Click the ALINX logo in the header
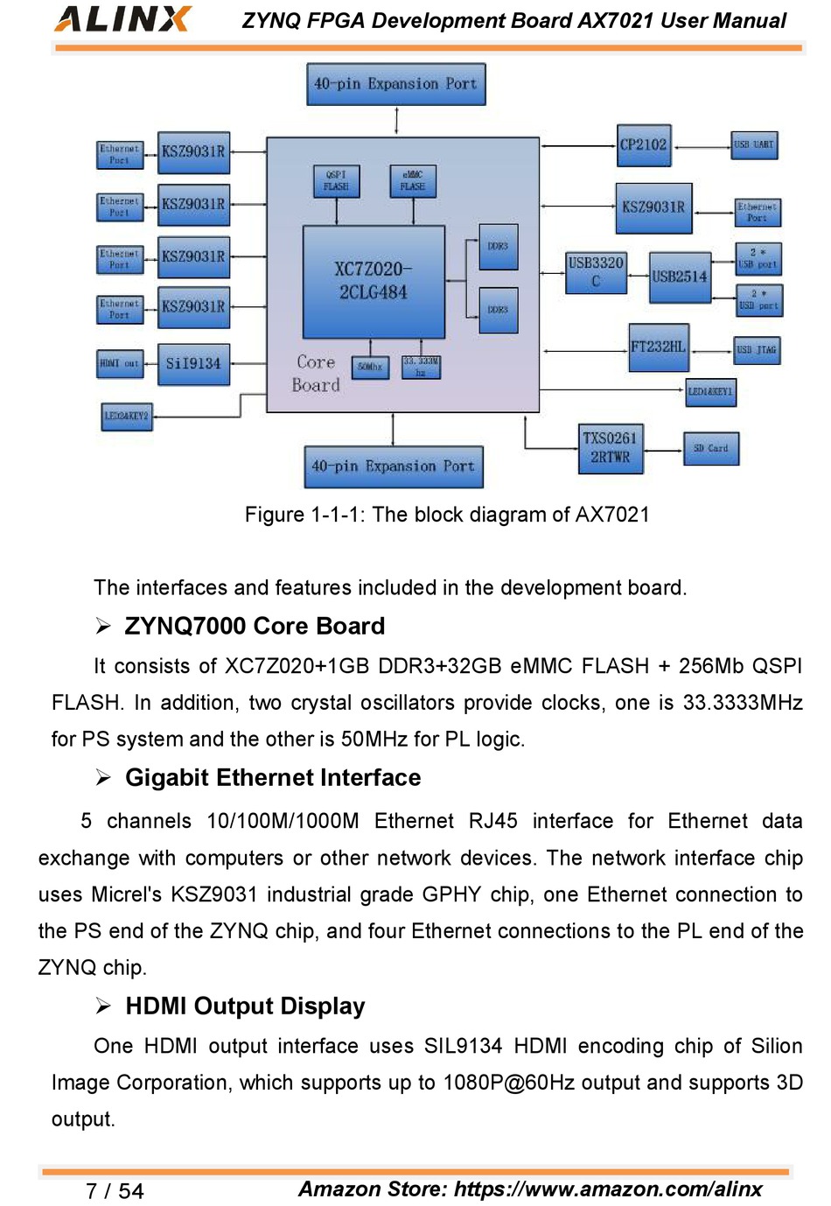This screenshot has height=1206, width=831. click(123, 18)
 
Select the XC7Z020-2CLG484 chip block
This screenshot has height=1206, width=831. click(374, 281)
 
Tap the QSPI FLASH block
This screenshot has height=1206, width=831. click(336, 181)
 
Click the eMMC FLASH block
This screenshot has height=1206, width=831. click(413, 181)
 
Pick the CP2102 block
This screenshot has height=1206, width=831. click(643, 145)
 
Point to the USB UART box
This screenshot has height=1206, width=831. click(754, 144)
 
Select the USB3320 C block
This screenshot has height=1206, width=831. click(596, 272)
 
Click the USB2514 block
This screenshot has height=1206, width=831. click(680, 277)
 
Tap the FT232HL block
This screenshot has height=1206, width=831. click(659, 347)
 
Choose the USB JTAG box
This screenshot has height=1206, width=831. click(756, 350)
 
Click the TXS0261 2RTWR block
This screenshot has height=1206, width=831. click(610, 448)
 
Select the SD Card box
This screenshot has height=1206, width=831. click(710, 448)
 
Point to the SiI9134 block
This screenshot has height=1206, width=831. click(193, 363)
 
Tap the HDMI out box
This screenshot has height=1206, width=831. click(119, 363)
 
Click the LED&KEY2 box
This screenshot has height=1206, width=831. click(127, 416)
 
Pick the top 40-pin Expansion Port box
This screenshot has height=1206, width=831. click(395, 84)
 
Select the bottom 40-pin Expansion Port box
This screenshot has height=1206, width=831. click(393, 466)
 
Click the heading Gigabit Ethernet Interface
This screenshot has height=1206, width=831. click(272, 777)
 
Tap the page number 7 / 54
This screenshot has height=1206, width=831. click(115, 1190)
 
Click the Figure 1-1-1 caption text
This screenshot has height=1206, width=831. click(447, 515)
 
